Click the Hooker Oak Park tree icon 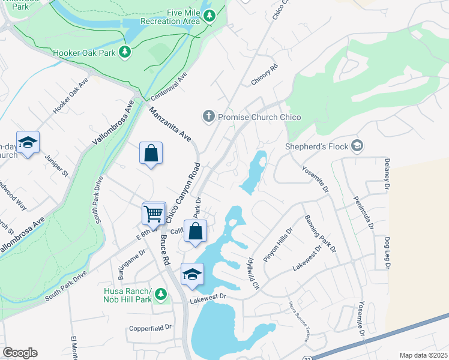click(125, 52)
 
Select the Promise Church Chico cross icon click(208, 116)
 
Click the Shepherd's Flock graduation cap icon click(357, 145)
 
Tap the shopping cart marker click(154, 213)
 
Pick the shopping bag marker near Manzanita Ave click(151, 153)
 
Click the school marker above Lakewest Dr click(192, 275)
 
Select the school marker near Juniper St click(28, 143)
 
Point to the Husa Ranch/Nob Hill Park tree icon click(160, 294)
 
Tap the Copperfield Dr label click(151, 328)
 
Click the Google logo click(20, 353)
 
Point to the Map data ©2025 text click(423, 355)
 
